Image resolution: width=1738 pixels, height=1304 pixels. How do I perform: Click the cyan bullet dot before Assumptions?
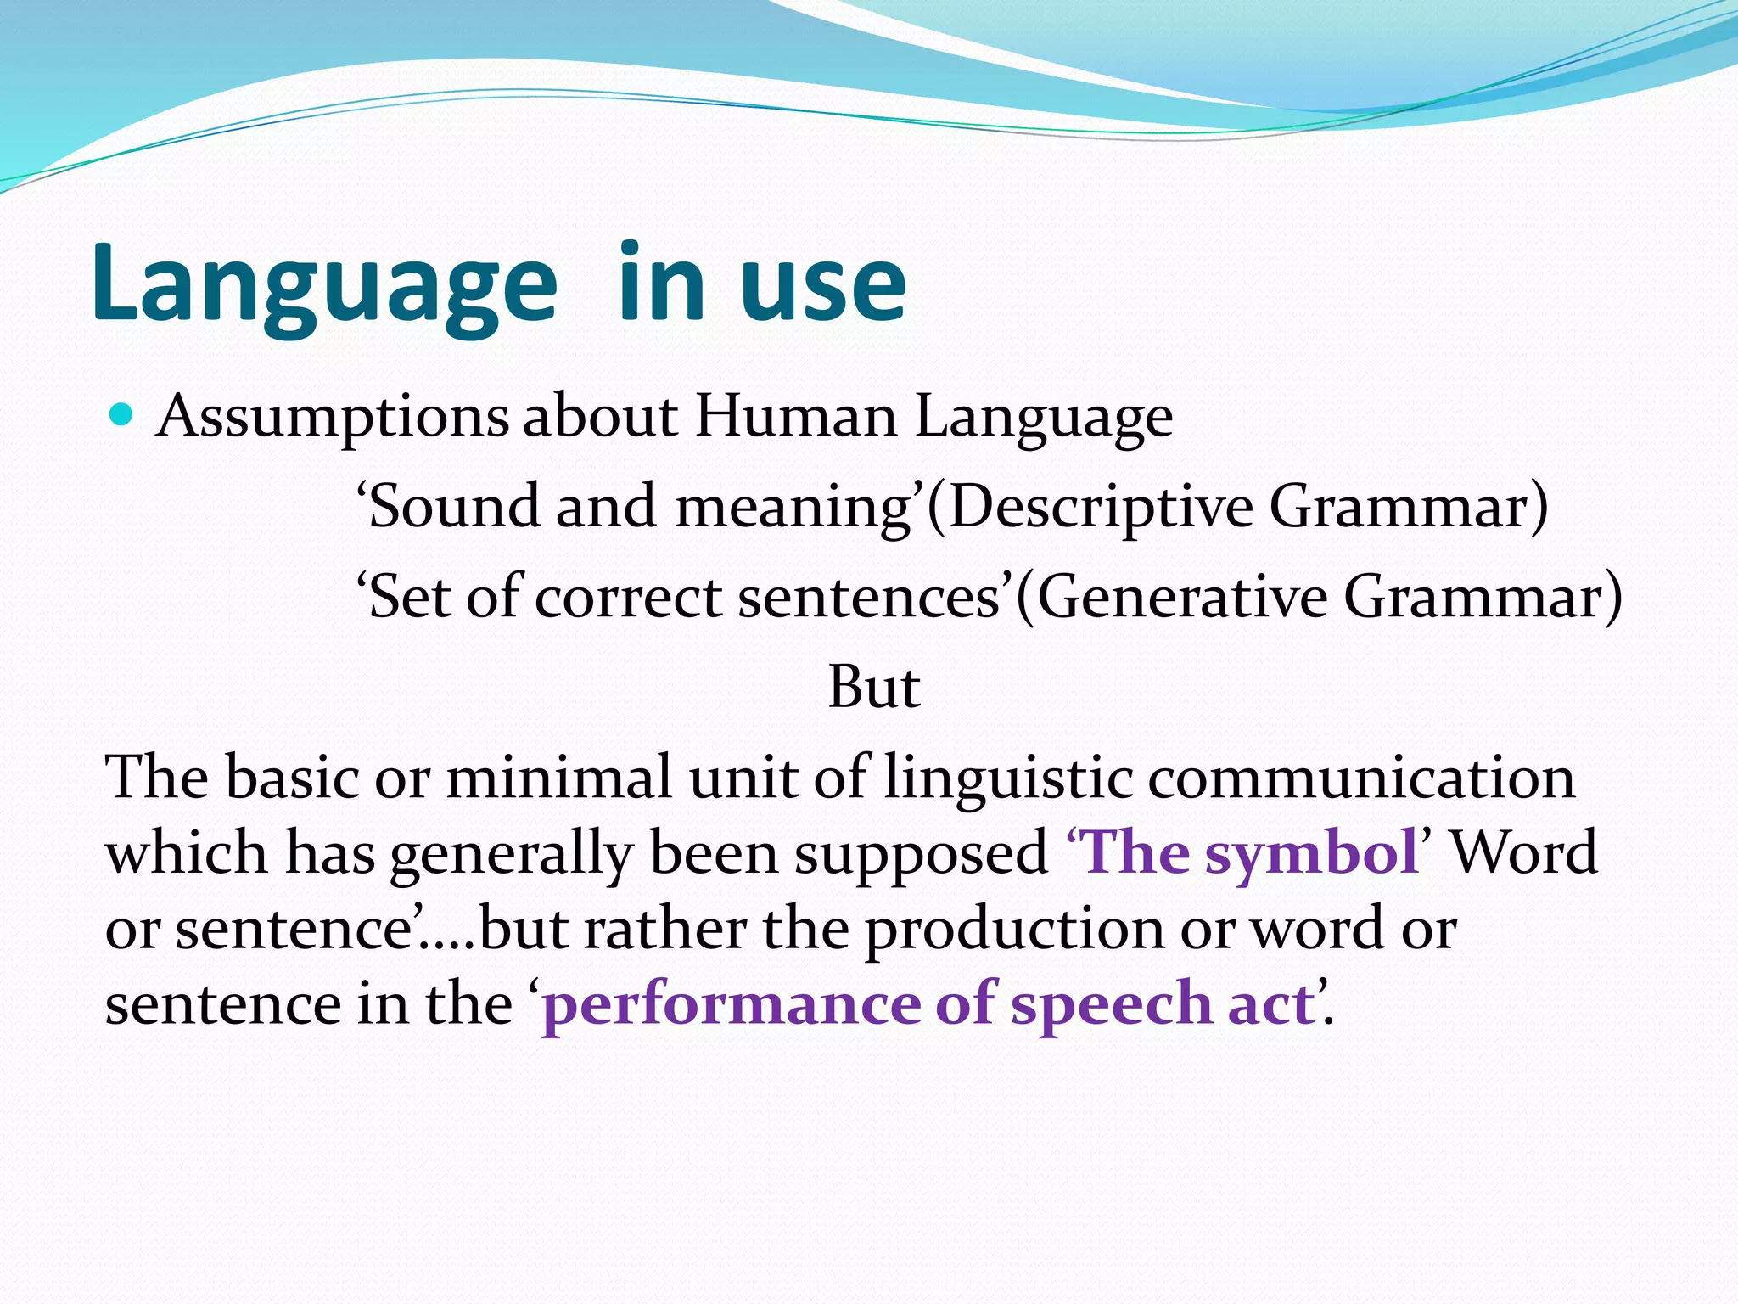[x=122, y=415]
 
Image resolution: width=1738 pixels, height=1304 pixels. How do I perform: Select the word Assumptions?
[x=333, y=418]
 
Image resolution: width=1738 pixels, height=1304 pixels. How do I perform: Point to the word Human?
[x=796, y=416]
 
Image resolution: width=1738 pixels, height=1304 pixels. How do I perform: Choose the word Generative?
[x=1182, y=597]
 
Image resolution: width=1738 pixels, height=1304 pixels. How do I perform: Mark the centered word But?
[x=873, y=687]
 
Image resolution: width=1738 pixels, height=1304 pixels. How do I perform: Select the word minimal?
[x=559, y=777]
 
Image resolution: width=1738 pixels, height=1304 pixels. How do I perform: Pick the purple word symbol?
[x=1312, y=854]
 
